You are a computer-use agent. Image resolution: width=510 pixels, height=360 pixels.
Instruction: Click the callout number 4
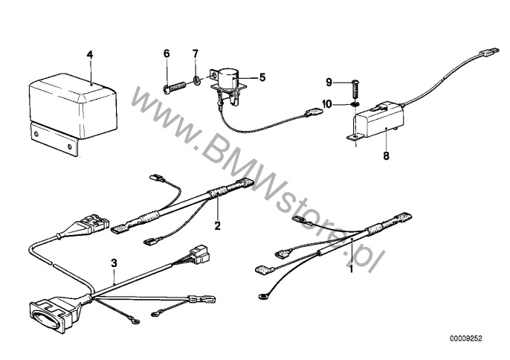[90, 55]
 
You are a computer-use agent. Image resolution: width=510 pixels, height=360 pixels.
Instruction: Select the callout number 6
[167, 54]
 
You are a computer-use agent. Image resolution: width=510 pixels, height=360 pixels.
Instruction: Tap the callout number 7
[195, 54]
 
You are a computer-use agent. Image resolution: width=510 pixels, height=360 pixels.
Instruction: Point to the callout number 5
[262, 77]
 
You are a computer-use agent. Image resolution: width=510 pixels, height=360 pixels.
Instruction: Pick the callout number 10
[327, 104]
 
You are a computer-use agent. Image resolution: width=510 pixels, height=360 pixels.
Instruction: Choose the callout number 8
[386, 156]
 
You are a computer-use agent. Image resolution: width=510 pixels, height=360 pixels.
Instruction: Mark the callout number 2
[217, 225]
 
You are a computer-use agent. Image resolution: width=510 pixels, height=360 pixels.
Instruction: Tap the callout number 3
[114, 263]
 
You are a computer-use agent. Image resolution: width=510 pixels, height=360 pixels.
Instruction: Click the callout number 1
[351, 269]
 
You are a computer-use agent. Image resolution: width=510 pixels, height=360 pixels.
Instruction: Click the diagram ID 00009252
[466, 339]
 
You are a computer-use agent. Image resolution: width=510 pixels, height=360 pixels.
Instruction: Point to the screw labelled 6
[174, 88]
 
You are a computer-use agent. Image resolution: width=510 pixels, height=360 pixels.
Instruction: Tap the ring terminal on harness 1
[262, 297]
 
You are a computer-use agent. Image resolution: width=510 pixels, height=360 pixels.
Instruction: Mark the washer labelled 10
[356, 104]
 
